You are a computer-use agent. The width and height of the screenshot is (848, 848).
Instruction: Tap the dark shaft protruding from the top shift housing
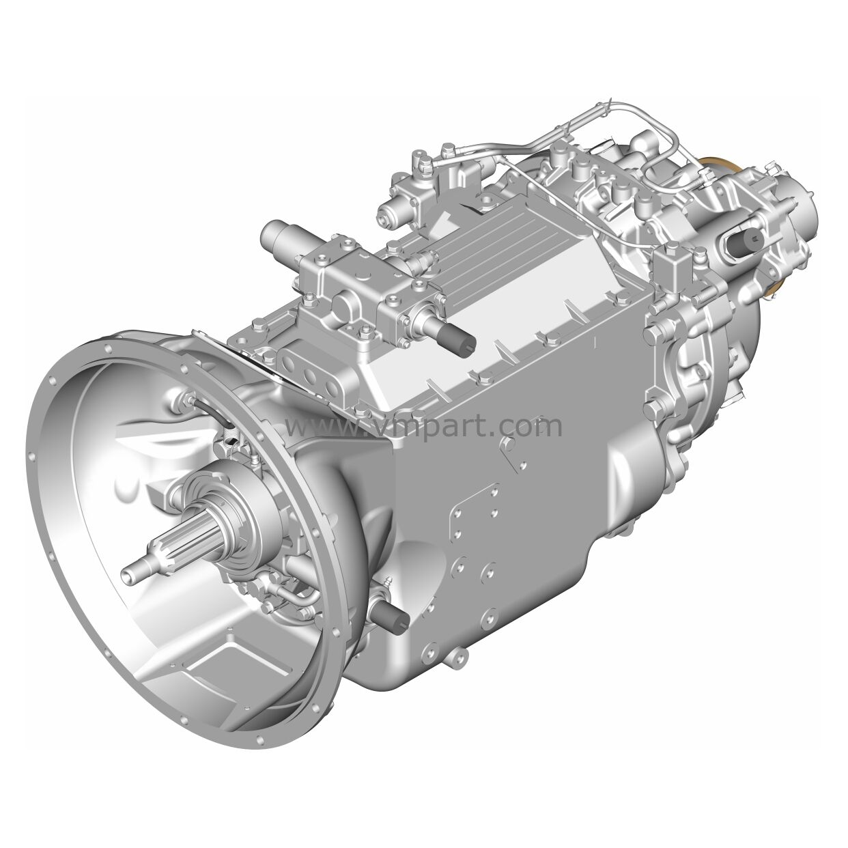[453, 335]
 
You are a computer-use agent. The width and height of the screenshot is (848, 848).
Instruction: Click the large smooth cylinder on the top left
[281, 238]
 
